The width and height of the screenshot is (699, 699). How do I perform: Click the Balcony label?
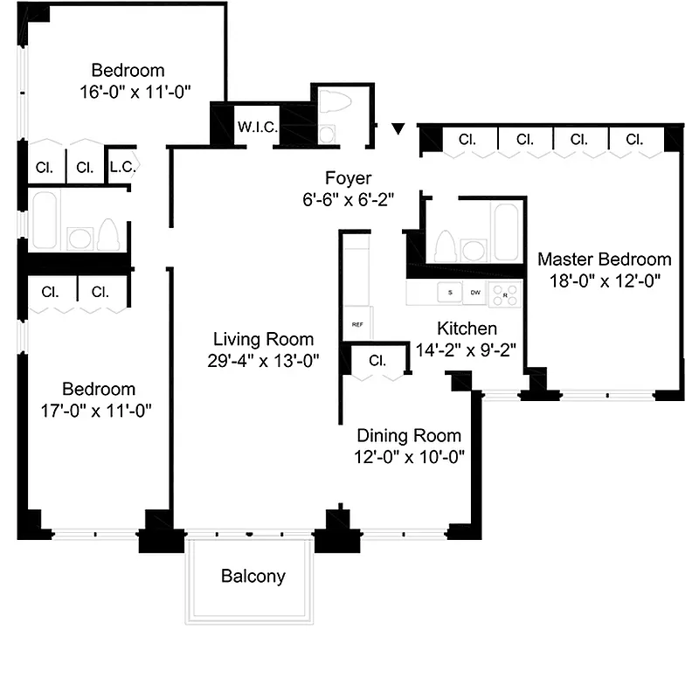pyautogui.click(x=253, y=577)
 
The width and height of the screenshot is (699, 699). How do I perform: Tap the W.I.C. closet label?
pyautogui.click(x=258, y=128)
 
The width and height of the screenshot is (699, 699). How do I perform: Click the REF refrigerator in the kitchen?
pyautogui.click(x=357, y=323)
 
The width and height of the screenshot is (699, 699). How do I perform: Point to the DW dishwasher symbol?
pyautogui.click(x=476, y=293)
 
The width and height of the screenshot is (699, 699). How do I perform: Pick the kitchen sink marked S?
pyautogui.click(x=450, y=293)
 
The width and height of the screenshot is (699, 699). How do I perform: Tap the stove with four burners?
pyautogui.click(x=504, y=294)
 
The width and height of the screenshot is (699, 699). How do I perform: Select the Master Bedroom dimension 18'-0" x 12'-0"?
pyautogui.click(x=605, y=280)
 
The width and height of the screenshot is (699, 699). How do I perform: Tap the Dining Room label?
pyautogui.click(x=408, y=436)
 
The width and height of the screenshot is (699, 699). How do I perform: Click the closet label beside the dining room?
pyautogui.click(x=377, y=360)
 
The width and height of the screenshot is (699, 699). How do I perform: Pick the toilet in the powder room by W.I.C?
pyautogui.click(x=335, y=105)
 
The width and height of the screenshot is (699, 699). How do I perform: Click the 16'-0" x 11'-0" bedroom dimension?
pyautogui.click(x=128, y=90)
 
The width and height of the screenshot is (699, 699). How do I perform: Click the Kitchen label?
pyautogui.click(x=467, y=329)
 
